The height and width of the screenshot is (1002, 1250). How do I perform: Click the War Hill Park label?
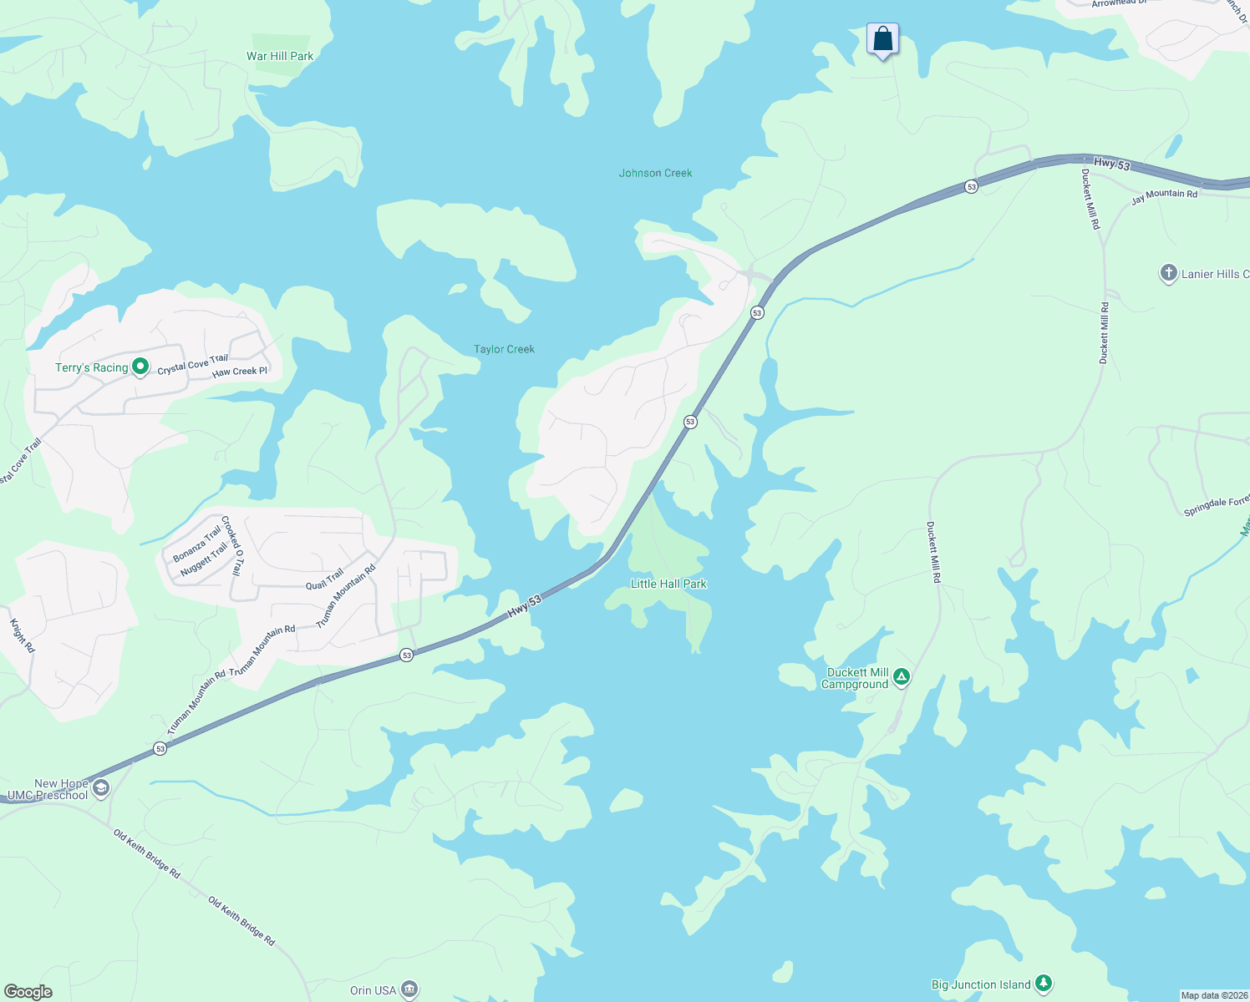[280, 57]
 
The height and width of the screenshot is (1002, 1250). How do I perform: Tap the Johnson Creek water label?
[655, 174]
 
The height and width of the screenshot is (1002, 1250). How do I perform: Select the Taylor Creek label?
[504, 350]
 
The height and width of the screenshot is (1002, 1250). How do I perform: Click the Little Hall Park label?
[668, 584]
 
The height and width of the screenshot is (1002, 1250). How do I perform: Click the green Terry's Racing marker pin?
[141, 367]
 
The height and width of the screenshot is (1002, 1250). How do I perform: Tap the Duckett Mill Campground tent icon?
[901, 677]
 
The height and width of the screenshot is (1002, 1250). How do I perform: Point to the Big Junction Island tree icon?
[1043, 984]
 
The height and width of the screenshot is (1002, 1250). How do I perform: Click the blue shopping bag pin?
[882, 39]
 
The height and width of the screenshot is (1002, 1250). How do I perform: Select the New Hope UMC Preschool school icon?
[101, 788]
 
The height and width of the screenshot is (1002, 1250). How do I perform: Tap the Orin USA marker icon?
[409, 990]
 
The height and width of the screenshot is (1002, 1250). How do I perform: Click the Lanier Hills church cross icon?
[1168, 273]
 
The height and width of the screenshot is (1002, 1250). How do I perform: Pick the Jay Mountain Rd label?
[1164, 197]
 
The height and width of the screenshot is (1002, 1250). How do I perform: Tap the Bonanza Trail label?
[197, 544]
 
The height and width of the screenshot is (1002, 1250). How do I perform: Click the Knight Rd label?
[23, 635]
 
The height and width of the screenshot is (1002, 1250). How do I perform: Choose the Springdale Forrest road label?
[1217, 506]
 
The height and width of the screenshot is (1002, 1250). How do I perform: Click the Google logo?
[28, 992]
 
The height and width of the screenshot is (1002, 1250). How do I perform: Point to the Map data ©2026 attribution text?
[1213, 995]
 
